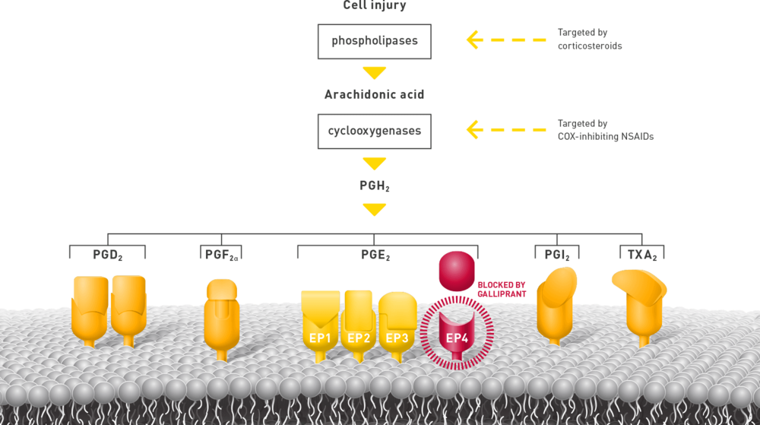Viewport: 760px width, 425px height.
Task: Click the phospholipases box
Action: tap(374, 41)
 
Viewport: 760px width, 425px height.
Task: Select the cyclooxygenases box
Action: tap(374, 131)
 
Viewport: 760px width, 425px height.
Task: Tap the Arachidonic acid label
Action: tap(374, 95)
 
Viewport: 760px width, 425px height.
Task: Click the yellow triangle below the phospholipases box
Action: tap(374, 73)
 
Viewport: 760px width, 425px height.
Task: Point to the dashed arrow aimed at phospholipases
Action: tap(505, 40)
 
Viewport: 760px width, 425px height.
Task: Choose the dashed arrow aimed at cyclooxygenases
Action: tap(505, 130)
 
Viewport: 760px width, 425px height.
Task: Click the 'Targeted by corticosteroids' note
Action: tap(590, 40)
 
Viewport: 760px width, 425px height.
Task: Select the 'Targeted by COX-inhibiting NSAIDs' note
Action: tap(605, 130)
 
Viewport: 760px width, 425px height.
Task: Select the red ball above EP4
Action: tap(457, 271)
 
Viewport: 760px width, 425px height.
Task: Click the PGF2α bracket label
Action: tap(220, 253)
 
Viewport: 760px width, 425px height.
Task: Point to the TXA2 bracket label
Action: tap(641, 253)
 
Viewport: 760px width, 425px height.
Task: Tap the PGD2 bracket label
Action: tap(106, 253)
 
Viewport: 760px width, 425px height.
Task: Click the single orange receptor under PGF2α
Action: tap(221, 316)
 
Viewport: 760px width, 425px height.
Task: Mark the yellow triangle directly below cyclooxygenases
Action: tap(374, 163)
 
